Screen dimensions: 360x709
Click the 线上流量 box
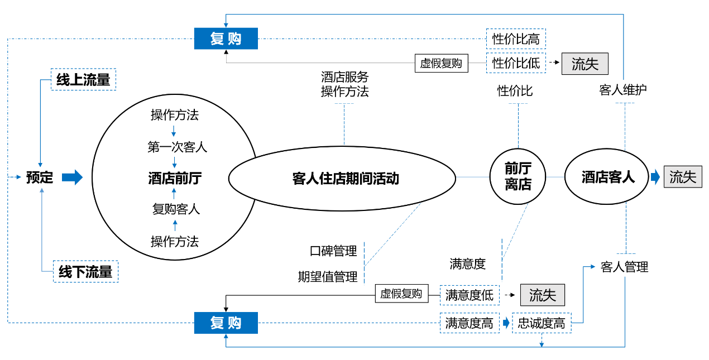(x=84, y=79)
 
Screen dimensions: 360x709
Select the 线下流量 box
(x=85, y=272)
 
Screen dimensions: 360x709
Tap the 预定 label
(x=40, y=178)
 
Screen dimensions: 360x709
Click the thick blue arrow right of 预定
(x=72, y=178)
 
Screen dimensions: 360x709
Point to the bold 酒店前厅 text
(x=175, y=179)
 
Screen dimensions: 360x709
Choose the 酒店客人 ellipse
(x=608, y=177)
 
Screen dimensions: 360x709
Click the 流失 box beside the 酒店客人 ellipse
(x=683, y=177)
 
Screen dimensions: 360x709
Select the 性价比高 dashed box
(x=515, y=39)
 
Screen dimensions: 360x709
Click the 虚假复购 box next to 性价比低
(x=441, y=63)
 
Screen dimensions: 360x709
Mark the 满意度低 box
(x=470, y=295)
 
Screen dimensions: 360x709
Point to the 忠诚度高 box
(x=542, y=323)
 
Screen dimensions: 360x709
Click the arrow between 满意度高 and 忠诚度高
(x=506, y=323)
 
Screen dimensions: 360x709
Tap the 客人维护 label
(x=623, y=90)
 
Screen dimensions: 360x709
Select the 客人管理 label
(x=624, y=267)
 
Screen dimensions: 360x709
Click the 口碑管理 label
(x=333, y=252)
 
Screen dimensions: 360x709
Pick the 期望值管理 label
(x=328, y=277)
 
